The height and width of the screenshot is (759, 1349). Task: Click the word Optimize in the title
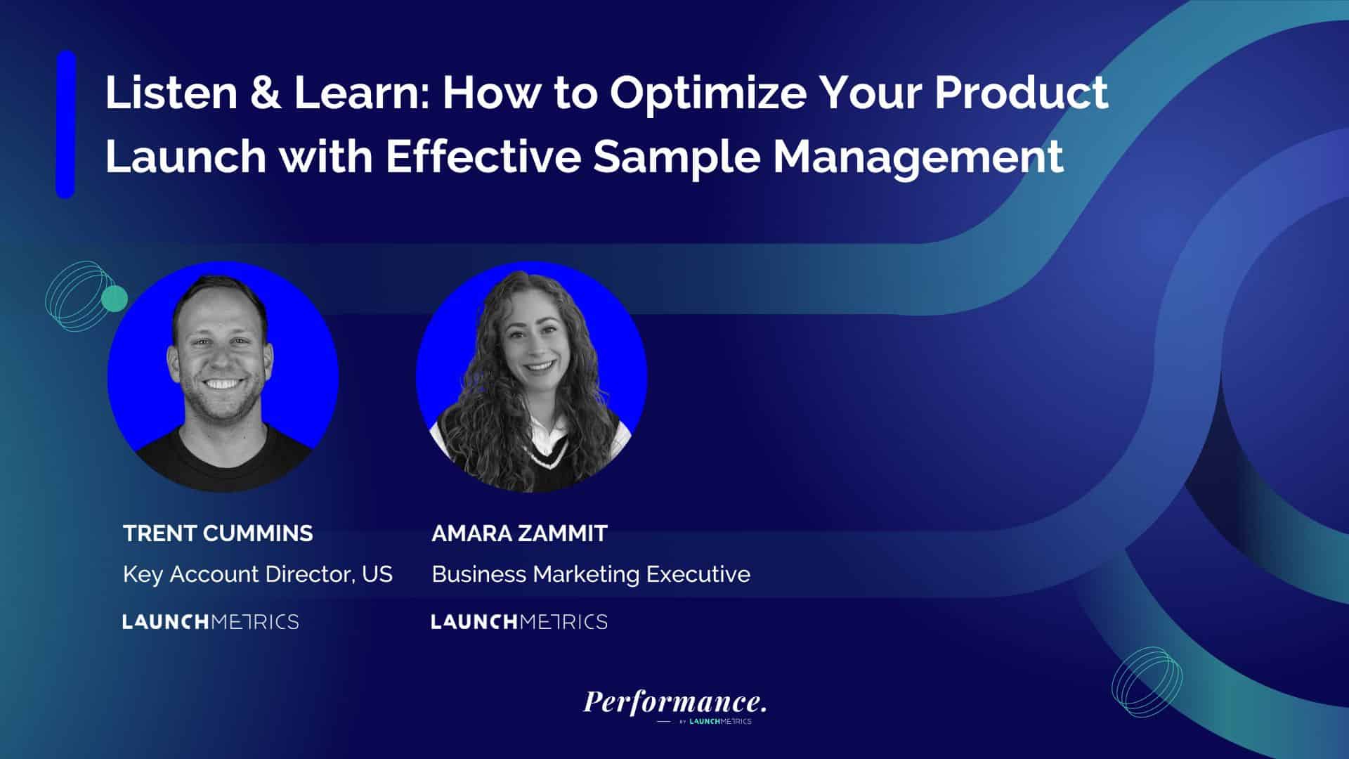[708, 94]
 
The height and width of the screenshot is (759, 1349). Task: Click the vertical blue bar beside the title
[65, 124]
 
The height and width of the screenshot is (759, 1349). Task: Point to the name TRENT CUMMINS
[218, 533]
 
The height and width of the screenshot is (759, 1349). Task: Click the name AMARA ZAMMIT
[519, 533]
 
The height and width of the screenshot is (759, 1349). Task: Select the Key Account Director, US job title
[258, 575]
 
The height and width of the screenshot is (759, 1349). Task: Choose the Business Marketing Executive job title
[591, 575]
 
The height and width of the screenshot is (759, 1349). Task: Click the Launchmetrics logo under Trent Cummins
[211, 622]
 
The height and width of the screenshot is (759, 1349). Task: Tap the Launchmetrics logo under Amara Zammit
[519, 622]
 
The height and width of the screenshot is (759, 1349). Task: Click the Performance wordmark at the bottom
[674, 701]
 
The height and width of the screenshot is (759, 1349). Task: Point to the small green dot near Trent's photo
[115, 299]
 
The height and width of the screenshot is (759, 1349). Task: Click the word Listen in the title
[171, 94]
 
